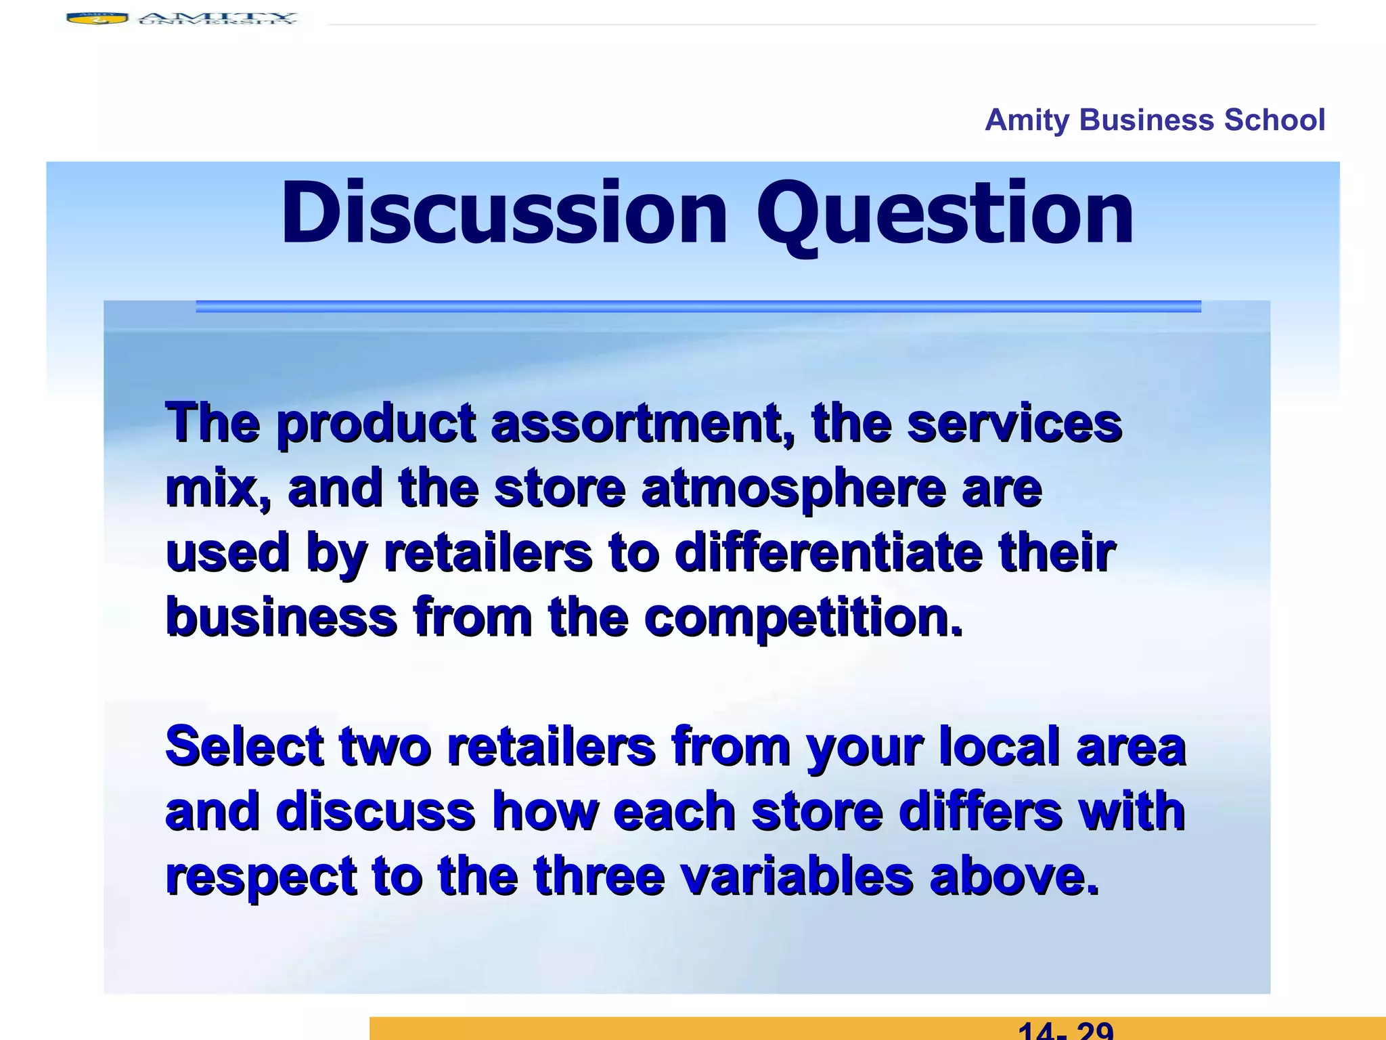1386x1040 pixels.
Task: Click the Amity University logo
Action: tap(181, 18)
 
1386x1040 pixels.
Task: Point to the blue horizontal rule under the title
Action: tap(698, 307)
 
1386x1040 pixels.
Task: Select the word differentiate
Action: tap(829, 552)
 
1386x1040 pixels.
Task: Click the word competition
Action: tap(803, 617)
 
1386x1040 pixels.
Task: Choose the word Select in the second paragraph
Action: tap(244, 746)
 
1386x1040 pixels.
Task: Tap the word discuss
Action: tap(375, 811)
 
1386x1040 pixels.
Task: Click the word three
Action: tap(598, 876)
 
